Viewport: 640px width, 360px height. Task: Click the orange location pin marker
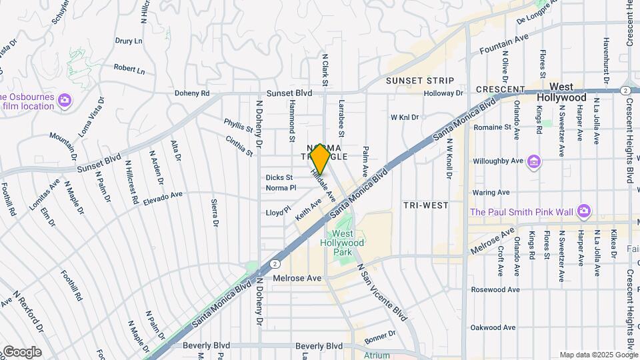pos(321,159)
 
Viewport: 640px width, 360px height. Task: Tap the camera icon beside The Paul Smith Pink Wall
pos(584,211)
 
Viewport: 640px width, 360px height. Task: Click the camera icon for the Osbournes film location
pos(65,100)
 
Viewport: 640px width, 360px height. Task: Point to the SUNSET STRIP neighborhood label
pos(420,81)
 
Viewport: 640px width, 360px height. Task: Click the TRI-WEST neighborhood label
pos(425,205)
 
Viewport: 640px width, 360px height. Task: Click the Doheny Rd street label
pos(192,93)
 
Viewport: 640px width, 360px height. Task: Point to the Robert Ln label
pos(129,69)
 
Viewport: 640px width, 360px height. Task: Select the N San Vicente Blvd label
pos(382,292)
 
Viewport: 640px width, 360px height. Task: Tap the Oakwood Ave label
pos(493,327)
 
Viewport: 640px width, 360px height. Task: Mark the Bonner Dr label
pos(380,337)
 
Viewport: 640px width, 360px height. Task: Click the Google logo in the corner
pos(21,351)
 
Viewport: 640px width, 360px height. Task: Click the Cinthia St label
pos(239,146)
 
